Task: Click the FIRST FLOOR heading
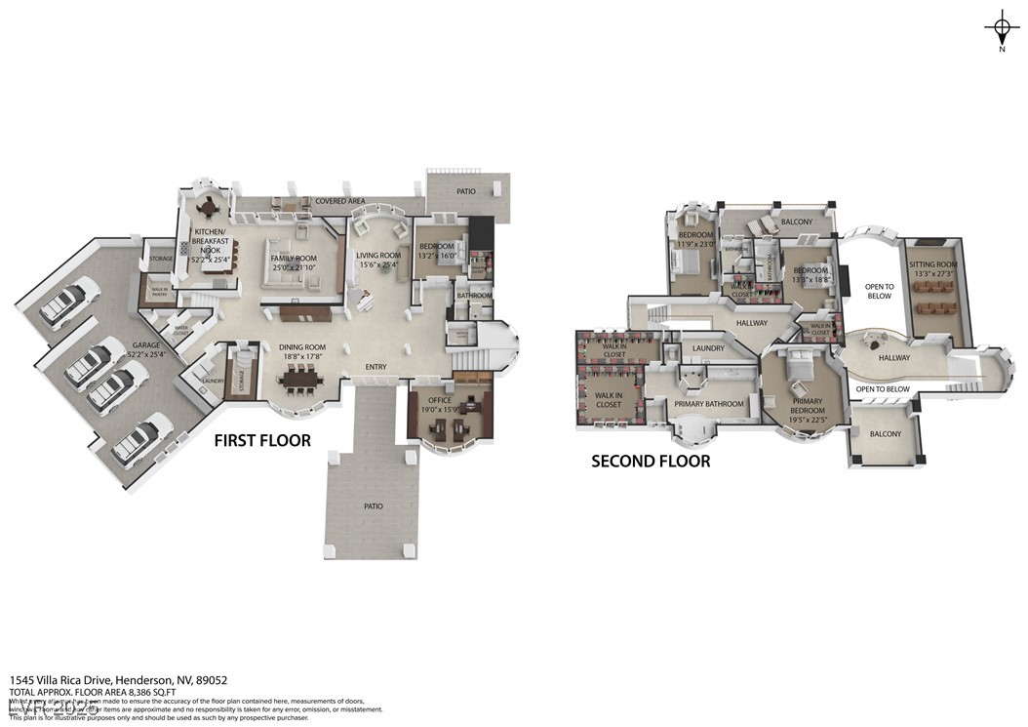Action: coord(262,441)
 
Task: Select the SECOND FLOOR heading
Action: coord(651,461)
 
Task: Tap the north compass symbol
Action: coord(1002,25)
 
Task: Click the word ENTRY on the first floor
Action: coord(376,367)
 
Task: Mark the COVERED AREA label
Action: coord(340,201)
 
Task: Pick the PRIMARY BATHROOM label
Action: coord(708,403)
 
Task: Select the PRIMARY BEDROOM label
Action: coord(807,406)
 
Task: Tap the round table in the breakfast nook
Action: coord(208,206)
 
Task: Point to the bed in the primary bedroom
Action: coord(799,366)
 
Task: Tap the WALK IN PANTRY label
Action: coord(158,290)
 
